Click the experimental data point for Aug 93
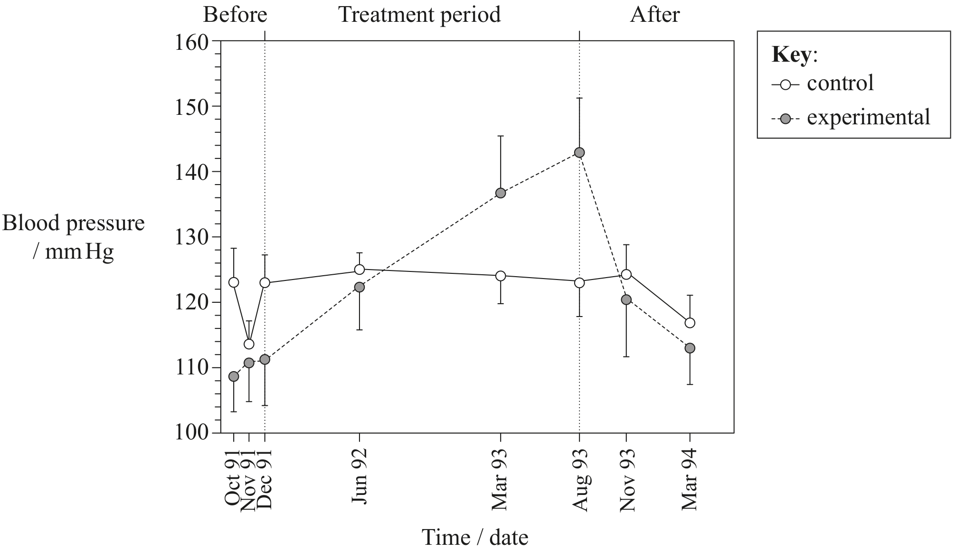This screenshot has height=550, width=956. click(579, 152)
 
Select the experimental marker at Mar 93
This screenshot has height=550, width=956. click(501, 193)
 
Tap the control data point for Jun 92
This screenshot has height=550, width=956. click(360, 270)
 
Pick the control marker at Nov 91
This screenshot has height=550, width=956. click(249, 344)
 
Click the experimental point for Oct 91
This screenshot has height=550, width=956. click(234, 376)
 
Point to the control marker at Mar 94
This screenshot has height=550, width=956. click(690, 323)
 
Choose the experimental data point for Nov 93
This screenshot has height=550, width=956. click(626, 299)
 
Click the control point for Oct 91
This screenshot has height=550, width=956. click(234, 282)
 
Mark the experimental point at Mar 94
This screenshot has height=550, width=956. click(690, 348)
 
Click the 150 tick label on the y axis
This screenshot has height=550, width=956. click(192, 106)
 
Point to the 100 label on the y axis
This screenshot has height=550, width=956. click(192, 433)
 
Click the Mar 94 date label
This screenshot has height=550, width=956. click(690, 479)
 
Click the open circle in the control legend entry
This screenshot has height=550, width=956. click(786, 85)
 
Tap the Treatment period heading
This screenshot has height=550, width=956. click(419, 15)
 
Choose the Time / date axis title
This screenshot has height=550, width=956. click(475, 538)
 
